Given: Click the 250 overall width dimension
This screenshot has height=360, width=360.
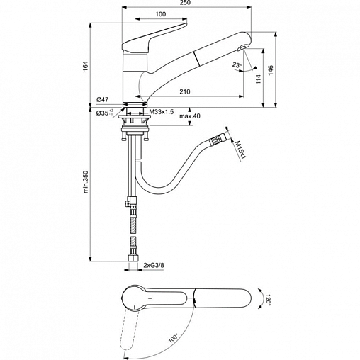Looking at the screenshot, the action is [186, 3].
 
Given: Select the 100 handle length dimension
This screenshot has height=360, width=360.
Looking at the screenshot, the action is [161, 14].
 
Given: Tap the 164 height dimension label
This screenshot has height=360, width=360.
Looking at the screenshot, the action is [85, 66].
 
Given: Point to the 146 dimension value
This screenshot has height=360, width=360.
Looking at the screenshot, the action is [271, 70].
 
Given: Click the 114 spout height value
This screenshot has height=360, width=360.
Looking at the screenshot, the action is [258, 79].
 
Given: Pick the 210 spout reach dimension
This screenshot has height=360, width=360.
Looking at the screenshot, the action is [185, 91].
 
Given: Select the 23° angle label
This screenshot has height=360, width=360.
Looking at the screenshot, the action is [237, 64].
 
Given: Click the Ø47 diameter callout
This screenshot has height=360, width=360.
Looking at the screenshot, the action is [102, 100].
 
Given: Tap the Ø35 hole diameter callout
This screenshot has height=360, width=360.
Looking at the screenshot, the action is [105, 113].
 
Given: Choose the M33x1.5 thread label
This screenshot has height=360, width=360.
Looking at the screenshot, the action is [162, 112].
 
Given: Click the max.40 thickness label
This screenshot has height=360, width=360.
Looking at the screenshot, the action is [190, 116].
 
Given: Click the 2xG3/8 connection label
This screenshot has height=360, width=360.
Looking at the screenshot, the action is [154, 265].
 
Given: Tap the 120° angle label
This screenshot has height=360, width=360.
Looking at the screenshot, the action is [268, 299].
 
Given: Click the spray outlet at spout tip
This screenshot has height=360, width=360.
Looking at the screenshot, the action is [242, 48].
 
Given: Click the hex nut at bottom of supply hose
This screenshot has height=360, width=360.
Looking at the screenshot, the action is [133, 258].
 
